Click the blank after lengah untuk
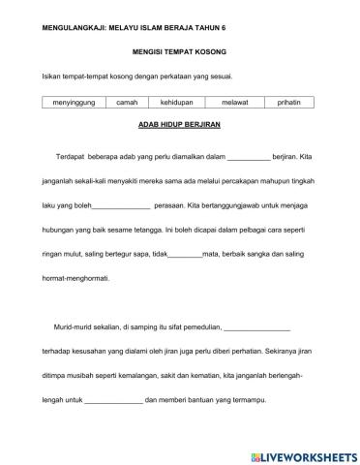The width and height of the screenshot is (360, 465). (114, 403)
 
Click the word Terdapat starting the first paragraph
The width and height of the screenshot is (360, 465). (75, 155)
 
